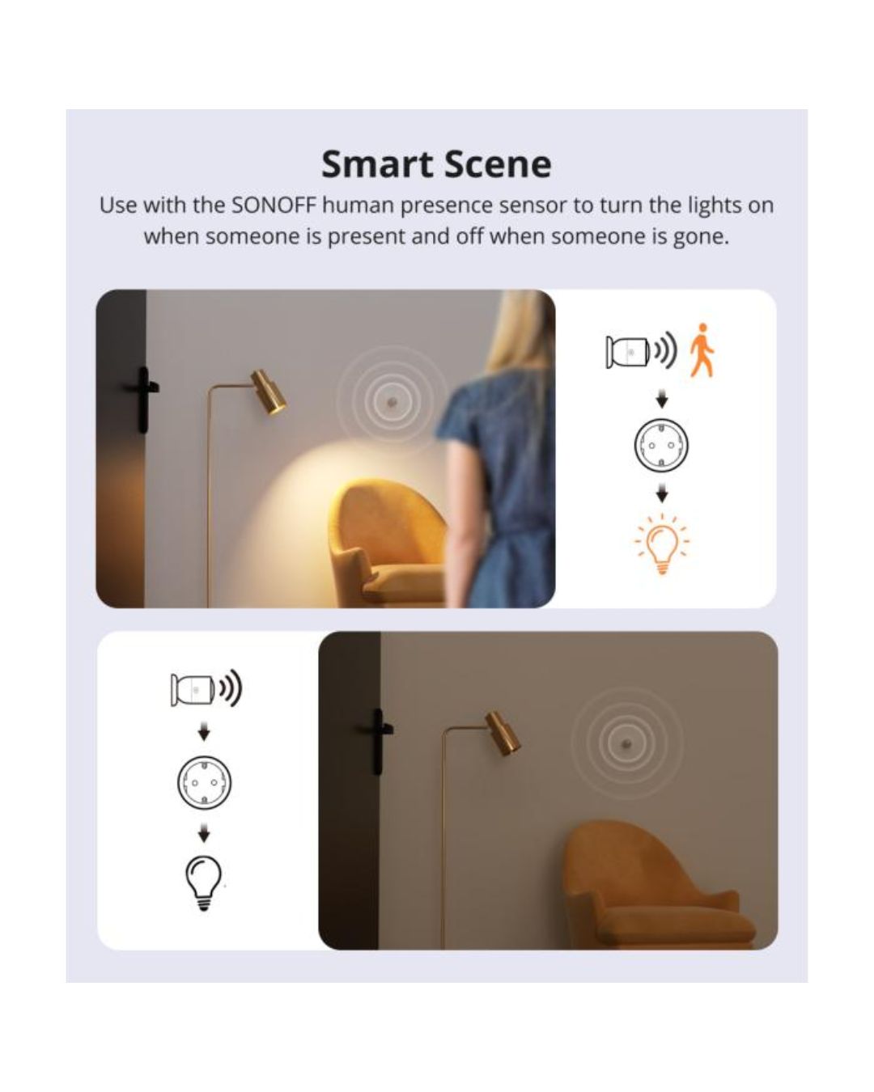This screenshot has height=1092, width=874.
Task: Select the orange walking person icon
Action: pyautogui.click(x=702, y=350)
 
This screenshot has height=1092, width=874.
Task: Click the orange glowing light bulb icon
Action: pyautogui.click(x=662, y=544)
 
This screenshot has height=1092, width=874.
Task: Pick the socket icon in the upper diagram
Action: pyautogui.click(x=661, y=444)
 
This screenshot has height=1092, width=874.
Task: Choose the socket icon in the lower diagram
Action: pyautogui.click(x=204, y=782)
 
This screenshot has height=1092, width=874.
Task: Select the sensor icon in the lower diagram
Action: pyautogui.click(x=194, y=689)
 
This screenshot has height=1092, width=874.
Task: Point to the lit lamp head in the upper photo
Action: pyautogui.click(x=269, y=393)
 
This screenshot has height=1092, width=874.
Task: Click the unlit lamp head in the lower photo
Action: pyautogui.click(x=503, y=732)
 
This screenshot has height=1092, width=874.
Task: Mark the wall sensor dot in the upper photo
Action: pyautogui.click(x=392, y=401)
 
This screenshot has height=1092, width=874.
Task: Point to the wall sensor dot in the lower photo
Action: pyautogui.click(x=626, y=742)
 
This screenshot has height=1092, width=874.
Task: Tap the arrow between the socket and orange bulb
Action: pyautogui.click(x=662, y=493)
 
